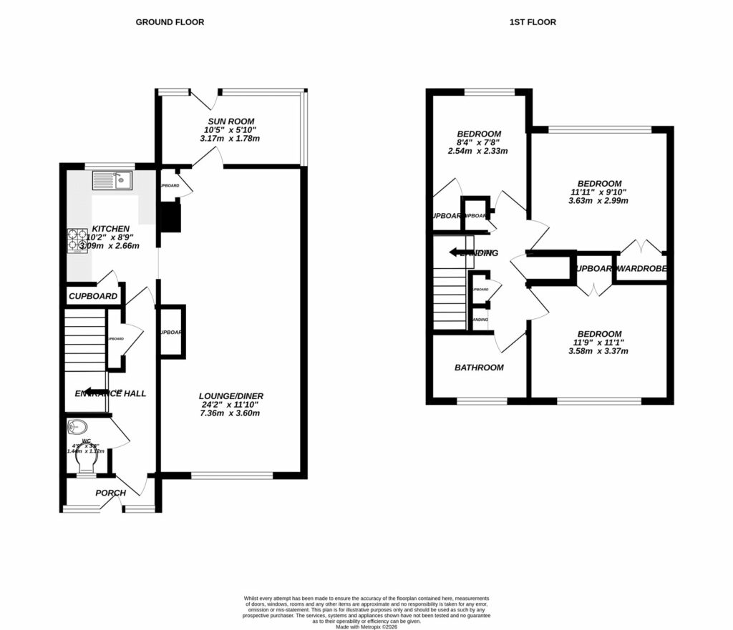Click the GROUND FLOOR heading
[170, 22]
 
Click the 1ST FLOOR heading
[533, 22]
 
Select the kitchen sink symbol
[114, 180]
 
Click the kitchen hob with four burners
[77, 240]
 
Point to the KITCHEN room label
[110, 229]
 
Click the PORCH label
[111, 493]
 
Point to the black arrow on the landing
[457, 252]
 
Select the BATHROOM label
[479, 368]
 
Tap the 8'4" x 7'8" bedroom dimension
[477, 142]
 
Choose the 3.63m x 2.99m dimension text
[598, 201]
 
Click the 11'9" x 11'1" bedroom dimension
[598, 343]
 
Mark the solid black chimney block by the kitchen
[171, 217]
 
